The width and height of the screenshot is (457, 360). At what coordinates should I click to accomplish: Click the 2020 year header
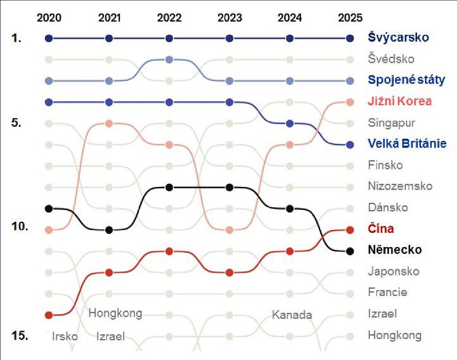point(49,18)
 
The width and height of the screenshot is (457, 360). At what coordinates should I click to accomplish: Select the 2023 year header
point(229,18)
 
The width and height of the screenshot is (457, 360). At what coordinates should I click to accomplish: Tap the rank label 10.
point(20,226)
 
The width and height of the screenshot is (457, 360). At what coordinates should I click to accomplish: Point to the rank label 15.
point(20,335)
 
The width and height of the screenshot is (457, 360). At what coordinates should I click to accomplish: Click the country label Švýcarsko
point(399,37)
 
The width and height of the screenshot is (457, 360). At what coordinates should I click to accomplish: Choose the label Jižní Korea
point(400,101)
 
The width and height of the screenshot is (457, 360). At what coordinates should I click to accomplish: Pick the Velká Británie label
point(407,144)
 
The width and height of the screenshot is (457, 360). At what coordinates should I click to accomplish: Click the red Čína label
point(381,229)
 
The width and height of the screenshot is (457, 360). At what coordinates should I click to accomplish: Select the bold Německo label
point(395,250)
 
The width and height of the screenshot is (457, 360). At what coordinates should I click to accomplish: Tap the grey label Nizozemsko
point(400,186)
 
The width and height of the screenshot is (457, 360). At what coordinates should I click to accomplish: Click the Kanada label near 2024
point(292,315)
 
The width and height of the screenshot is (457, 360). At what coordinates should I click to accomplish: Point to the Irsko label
point(65,336)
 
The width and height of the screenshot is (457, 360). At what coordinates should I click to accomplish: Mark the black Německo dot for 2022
point(169,187)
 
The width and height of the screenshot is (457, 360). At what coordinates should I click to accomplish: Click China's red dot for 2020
point(49,315)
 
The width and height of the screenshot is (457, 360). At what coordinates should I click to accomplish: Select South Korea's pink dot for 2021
point(109,123)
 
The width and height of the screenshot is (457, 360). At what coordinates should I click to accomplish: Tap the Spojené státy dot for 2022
point(169,59)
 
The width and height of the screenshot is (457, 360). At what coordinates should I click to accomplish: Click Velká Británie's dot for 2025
point(350,145)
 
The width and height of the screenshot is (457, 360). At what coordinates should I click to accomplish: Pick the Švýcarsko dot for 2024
point(290,38)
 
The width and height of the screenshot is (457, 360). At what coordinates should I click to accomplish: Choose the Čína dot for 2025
point(350,230)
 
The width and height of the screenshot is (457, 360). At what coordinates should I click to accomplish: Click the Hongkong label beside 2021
point(115,313)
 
